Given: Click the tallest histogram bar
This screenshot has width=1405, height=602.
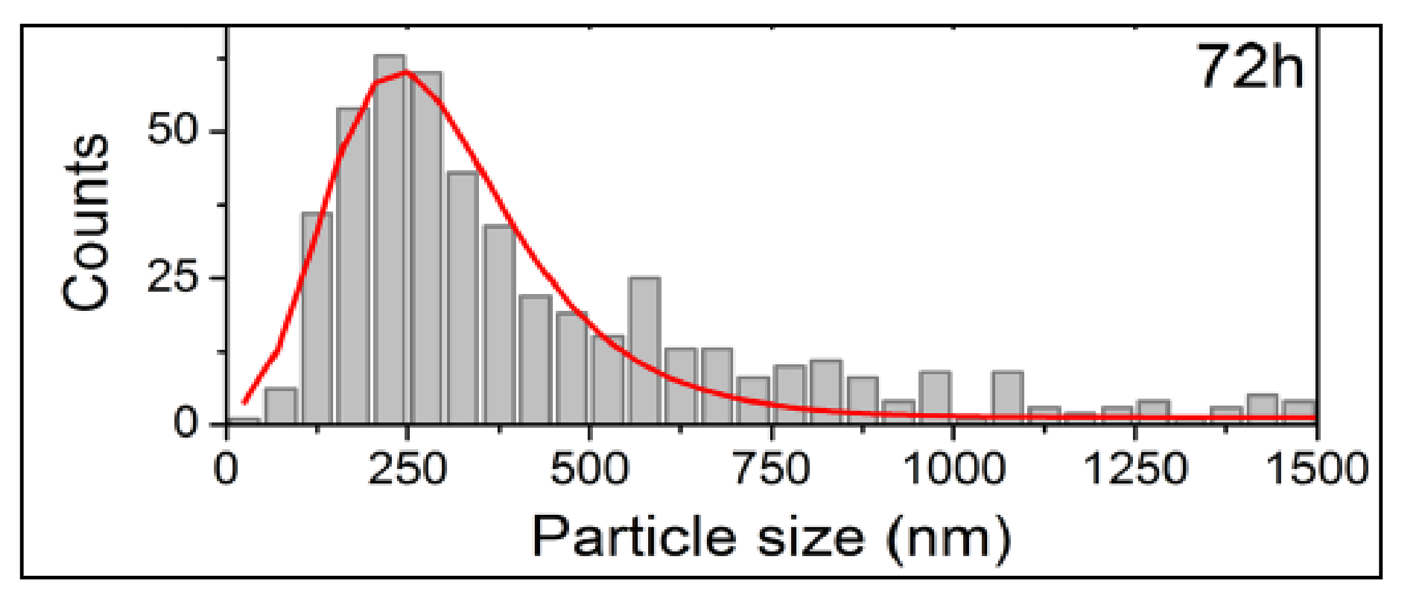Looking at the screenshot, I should point(389,238).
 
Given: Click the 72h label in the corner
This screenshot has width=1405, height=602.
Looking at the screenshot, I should point(1250,67).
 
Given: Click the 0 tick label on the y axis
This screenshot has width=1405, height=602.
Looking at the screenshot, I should point(186,422).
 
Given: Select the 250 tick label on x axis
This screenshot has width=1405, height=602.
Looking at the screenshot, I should point(407,468).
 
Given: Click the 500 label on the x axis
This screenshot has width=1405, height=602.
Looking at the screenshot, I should point(589,468).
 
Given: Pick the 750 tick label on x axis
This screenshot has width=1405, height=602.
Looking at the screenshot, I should point(771,468).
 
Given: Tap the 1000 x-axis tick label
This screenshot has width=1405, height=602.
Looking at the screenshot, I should point(953,468).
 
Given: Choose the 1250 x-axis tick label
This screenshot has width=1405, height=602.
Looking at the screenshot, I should point(1135,468).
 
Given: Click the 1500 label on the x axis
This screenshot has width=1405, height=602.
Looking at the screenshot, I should point(1317,468).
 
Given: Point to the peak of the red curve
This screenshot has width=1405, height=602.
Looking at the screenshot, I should point(405,71).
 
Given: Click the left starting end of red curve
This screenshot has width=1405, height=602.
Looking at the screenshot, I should point(245,402).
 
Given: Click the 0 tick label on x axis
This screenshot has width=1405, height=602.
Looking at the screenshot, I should point(226,468).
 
